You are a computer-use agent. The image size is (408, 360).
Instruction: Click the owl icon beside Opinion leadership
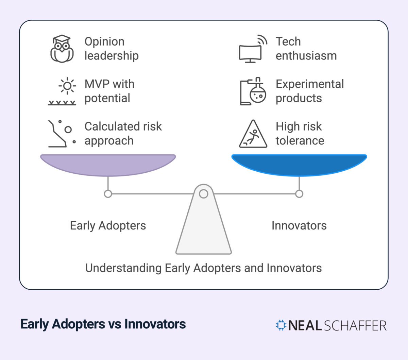click(x=62, y=49)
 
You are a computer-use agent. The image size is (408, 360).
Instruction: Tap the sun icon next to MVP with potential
click(x=67, y=86)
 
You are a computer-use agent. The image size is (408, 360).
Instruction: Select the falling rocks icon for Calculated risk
click(x=61, y=134)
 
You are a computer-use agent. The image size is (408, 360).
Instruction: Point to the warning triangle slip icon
click(x=253, y=134)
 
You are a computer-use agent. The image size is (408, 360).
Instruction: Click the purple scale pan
click(x=108, y=164)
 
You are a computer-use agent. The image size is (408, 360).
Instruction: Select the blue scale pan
click(x=299, y=164)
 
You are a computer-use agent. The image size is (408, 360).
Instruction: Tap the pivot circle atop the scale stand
click(x=204, y=194)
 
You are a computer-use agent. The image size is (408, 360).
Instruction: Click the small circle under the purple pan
click(x=108, y=194)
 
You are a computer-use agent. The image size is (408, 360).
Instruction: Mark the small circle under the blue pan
click(x=299, y=194)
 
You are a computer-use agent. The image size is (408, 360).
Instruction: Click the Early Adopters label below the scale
click(x=108, y=226)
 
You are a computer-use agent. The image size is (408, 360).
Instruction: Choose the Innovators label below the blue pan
click(x=299, y=226)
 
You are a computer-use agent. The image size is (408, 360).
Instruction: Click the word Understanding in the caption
click(x=123, y=268)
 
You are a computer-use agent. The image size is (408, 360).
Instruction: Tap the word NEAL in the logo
click(x=305, y=326)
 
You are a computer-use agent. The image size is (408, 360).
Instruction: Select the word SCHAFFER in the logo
click(x=355, y=326)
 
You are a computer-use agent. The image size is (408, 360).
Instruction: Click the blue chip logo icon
click(x=281, y=325)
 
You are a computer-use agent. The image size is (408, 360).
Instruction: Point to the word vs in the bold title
click(x=115, y=324)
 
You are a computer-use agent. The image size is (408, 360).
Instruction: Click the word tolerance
click(x=300, y=140)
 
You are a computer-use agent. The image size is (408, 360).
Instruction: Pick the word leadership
click(x=112, y=55)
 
